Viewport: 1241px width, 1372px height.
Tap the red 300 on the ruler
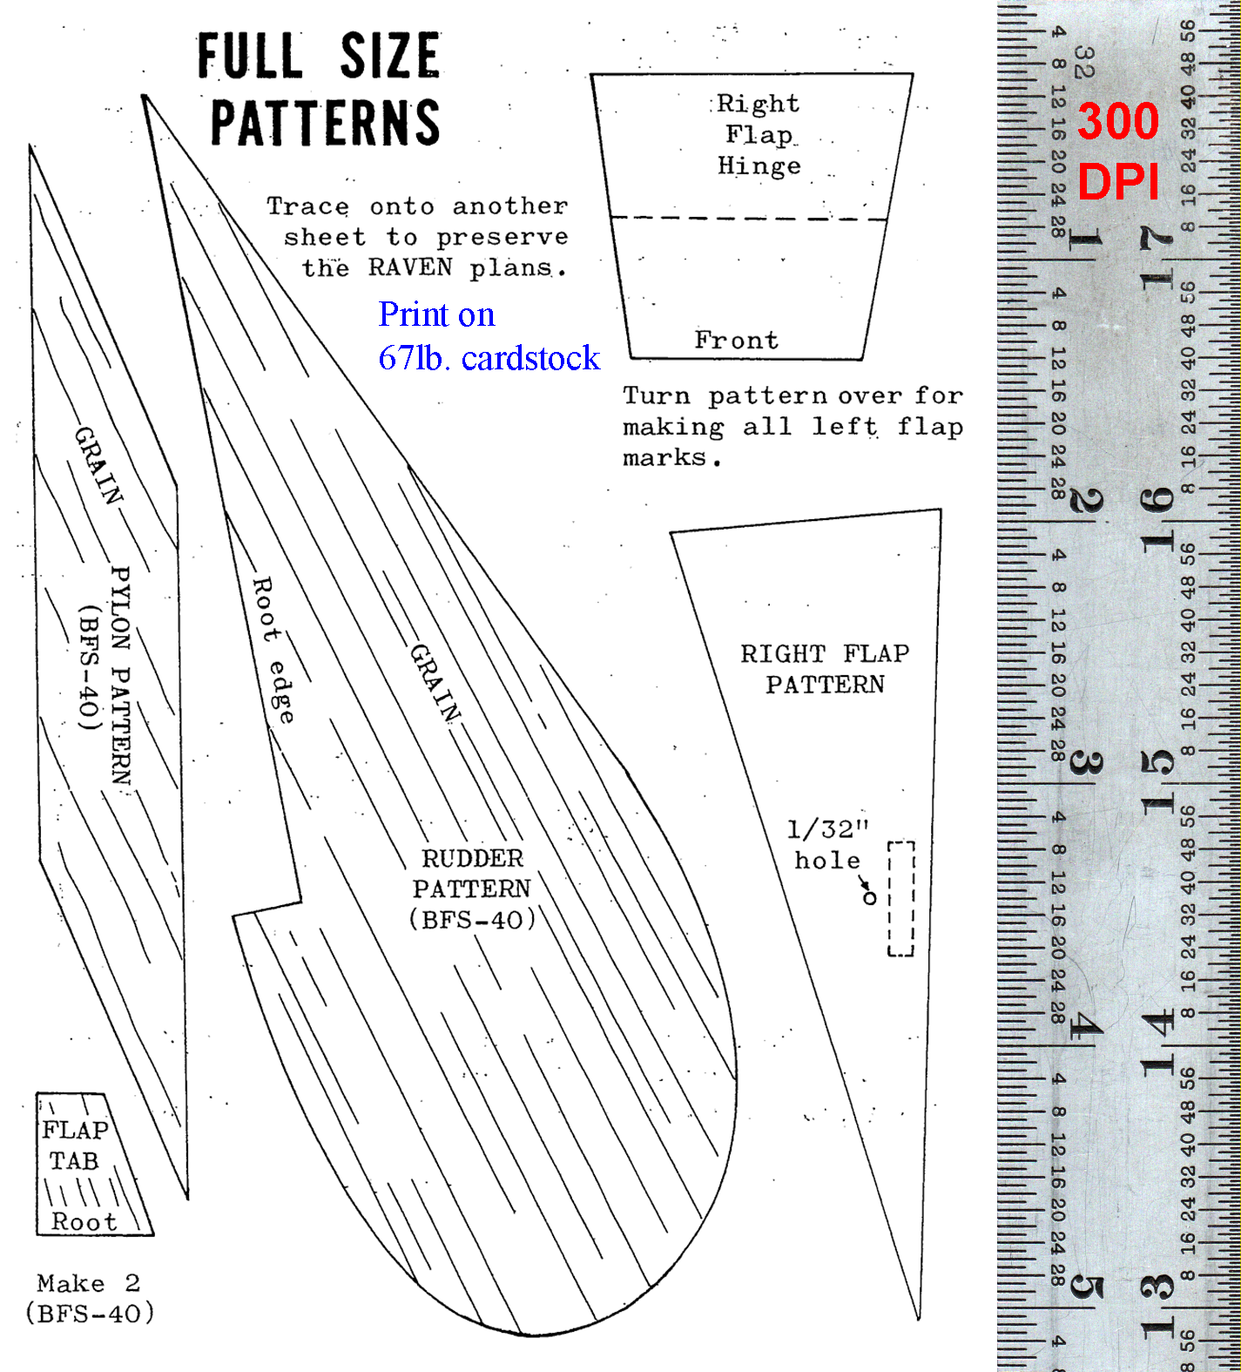[x=1118, y=120]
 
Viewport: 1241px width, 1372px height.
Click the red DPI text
[x=1119, y=182]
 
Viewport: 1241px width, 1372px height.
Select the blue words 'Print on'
[x=436, y=314]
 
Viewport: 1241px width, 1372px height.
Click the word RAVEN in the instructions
[x=410, y=267]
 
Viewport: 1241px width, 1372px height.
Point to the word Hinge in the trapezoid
[x=759, y=166]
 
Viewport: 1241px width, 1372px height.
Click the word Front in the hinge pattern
[x=737, y=340]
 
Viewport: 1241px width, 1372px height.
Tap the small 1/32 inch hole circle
[x=869, y=898]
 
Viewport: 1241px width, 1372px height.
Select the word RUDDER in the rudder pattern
[x=473, y=859]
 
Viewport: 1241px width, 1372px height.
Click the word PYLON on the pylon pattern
[x=121, y=608]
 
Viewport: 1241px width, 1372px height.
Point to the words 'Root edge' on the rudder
[x=273, y=650]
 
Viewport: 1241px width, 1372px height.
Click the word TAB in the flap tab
[x=74, y=1161]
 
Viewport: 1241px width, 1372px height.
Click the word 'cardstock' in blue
[x=530, y=358]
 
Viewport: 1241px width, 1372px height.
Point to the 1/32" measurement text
[x=828, y=829]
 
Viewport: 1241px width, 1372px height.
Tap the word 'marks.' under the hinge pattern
[x=672, y=457]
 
